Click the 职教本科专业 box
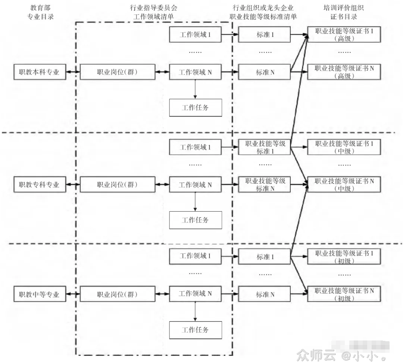pos(39,72)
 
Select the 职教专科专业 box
pos(39,184)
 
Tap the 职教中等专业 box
pos(39,295)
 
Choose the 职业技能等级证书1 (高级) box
pos(344,35)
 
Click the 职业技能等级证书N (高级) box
pos(344,72)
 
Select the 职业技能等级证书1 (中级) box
pos(344,147)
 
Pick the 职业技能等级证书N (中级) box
pos(344,184)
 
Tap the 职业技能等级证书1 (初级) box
pos(344,257)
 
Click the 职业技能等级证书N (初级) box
pos(344,294)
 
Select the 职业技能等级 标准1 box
pos(265,147)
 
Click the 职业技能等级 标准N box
pos(265,184)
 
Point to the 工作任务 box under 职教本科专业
pos(196,108)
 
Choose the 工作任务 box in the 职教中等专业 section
pos(196,330)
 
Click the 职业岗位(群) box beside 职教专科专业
pos(117,184)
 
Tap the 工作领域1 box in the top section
pos(196,35)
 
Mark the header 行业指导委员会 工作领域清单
pos(153,13)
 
